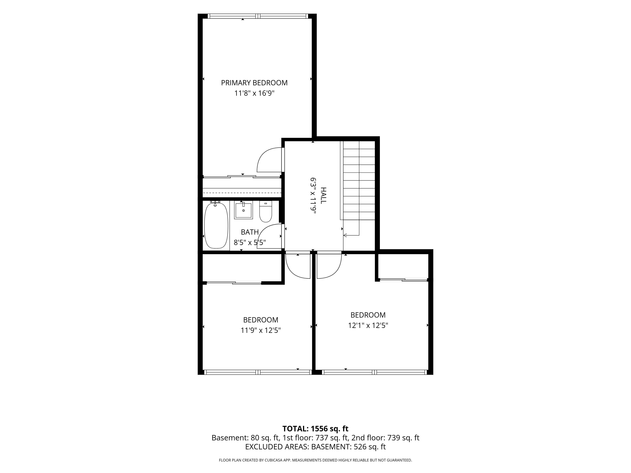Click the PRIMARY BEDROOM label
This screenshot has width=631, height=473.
click(x=254, y=83)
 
